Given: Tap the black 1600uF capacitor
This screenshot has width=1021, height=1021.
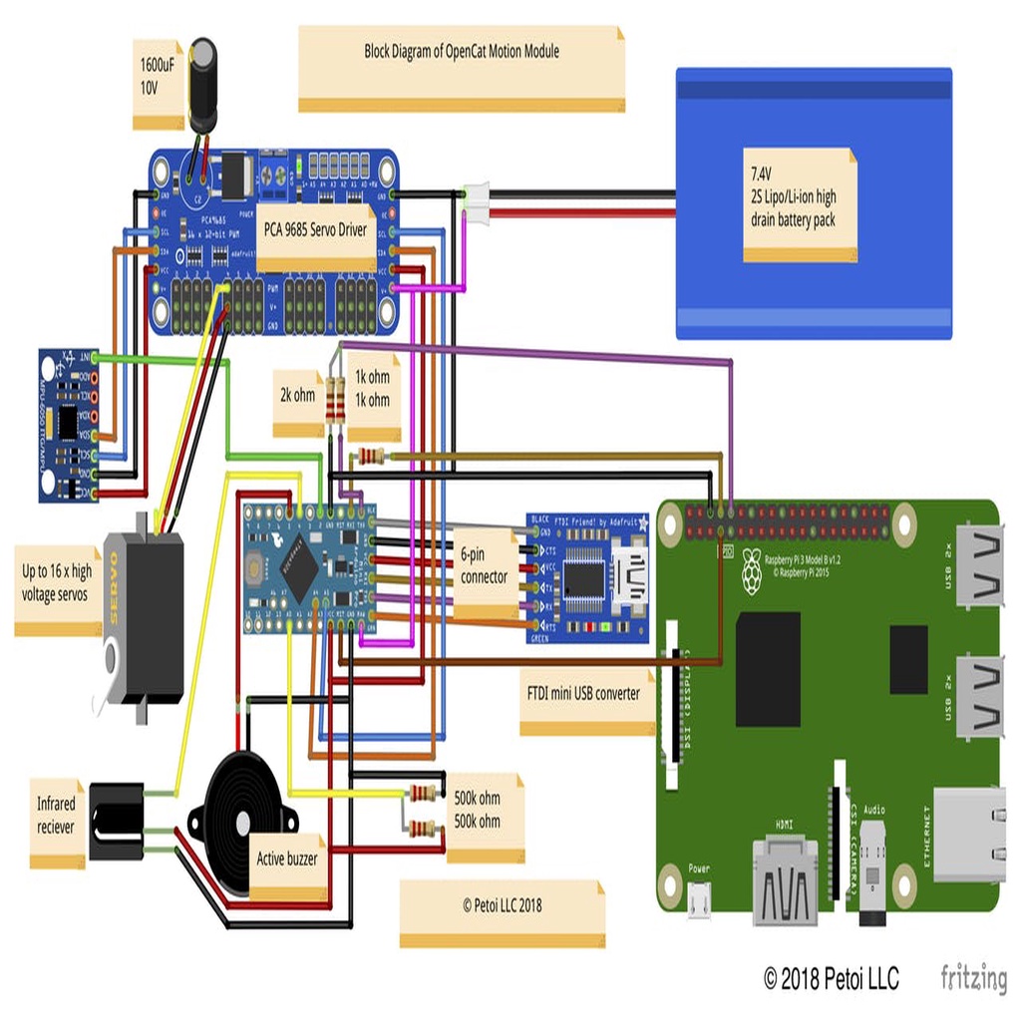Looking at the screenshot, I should [x=203, y=85].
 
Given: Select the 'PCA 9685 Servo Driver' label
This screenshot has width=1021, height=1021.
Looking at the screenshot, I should [x=314, y=230].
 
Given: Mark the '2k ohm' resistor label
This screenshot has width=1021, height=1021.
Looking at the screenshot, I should [x=297, y=395].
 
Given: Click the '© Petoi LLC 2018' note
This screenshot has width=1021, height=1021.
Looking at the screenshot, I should [x=502, y=905].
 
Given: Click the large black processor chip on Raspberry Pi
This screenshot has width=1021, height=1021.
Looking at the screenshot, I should [x=768, y=669].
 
